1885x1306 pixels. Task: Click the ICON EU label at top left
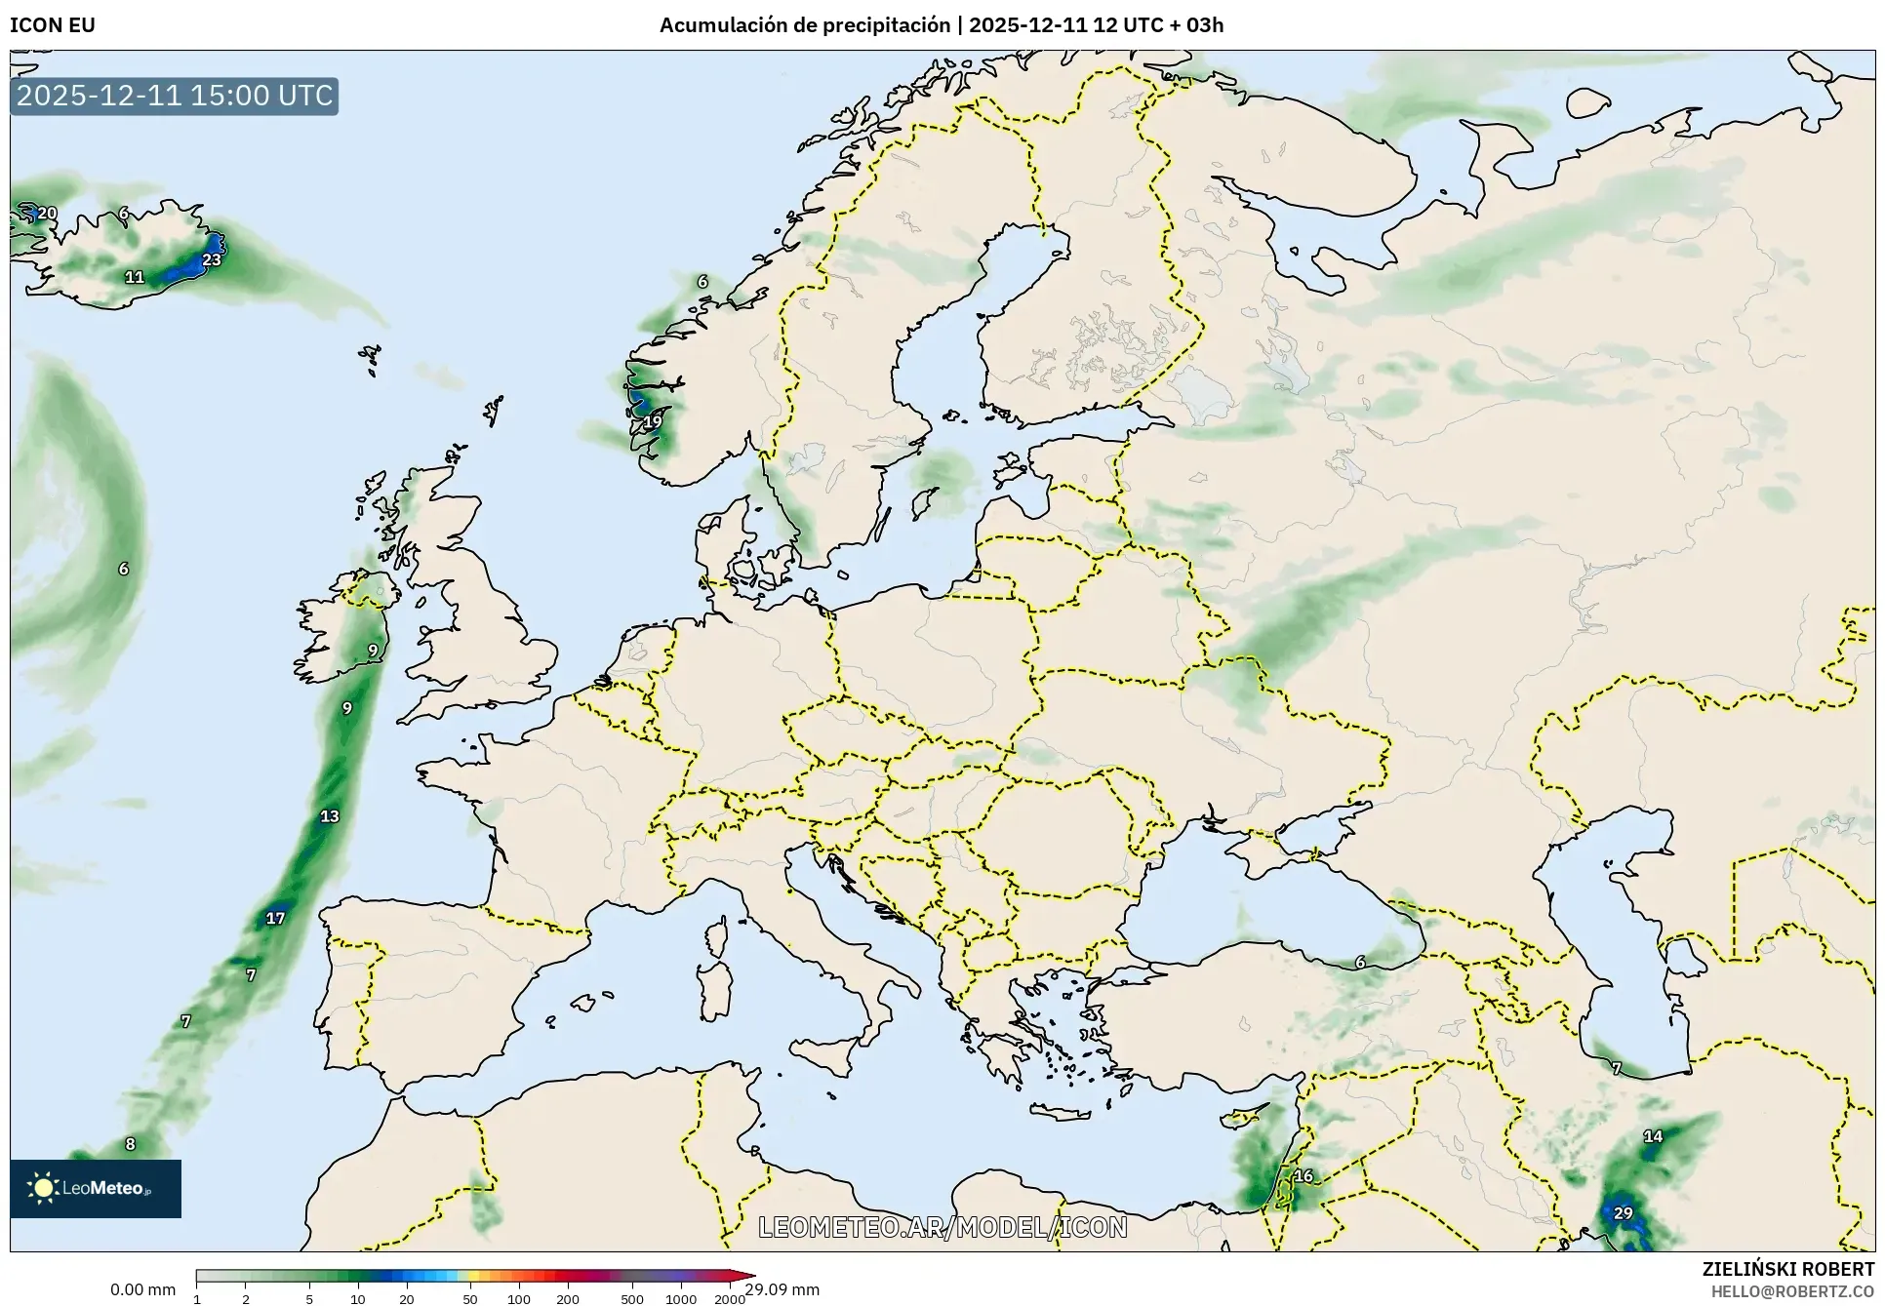point(53,25)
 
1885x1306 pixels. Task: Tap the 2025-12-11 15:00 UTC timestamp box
point(175,96)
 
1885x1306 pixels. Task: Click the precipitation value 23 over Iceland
point(212,259)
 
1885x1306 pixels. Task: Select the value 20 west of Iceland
point(47,213)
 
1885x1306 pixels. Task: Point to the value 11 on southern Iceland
point(135,277)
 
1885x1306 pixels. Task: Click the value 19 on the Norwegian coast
point(652,421)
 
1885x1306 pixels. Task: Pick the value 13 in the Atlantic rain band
point(330,816)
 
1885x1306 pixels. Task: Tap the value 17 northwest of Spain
point(275,918)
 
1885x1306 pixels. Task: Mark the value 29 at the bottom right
point(1623,1213)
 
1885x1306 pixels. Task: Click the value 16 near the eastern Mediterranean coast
point(1303,1175)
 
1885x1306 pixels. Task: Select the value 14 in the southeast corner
point(1653,1136)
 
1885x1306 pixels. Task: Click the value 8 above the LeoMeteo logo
point(130,1144)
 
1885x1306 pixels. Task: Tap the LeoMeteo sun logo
point(43,1187)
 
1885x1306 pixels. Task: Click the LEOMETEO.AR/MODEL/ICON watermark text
point(942,1227)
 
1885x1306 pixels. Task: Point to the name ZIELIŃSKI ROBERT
point(1788,1269)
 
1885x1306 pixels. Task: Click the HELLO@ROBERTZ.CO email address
point(1792,1291)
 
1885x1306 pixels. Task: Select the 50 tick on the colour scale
point(470,1299)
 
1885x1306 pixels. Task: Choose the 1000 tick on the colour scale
point(680,1299)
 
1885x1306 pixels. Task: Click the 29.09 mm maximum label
point(782,1289)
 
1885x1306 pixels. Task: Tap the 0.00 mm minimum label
point(142,1289)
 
